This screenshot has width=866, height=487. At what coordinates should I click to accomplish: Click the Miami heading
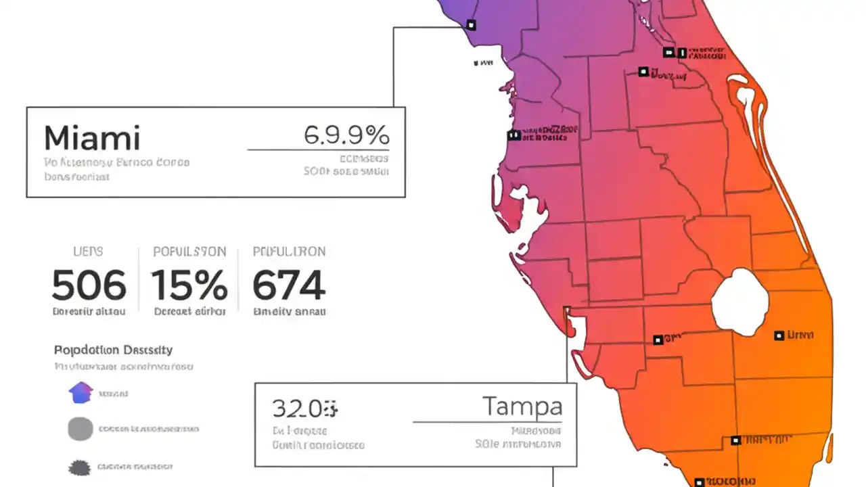pyautogui.click(x=92, y=138)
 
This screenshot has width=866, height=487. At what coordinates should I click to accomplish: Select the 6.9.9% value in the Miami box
pyautogui.click(x=346, y=135)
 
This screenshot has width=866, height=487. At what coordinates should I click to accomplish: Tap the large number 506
pyautogui.click(x=89, y=285)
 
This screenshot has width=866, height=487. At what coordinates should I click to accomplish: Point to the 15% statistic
pyautogui.click(x=189, y=285)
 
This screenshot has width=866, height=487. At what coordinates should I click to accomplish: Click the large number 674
pyautogui.click(x=289, y=285)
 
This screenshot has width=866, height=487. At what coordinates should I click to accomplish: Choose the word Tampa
pyautogui.click(x=522, y=407)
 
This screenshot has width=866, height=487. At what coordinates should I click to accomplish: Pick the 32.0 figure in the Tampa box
pyautogui.click(x=304, y=409)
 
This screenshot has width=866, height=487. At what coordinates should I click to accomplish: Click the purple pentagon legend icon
pyautogui.click(x=81, y=392)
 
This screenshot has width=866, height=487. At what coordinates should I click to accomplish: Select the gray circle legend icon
pyautogui.click(x=81, y=429)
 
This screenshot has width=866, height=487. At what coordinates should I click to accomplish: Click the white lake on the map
pyautogui.click(x=740, y=302)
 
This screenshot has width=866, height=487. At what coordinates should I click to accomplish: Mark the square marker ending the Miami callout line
pyautogui.click(x=471, y=25)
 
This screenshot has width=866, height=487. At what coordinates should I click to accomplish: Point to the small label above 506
pyautogui.click(x=88, y=252)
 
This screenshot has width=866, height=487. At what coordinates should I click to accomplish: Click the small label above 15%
pyautogui.click(x=189, y=252)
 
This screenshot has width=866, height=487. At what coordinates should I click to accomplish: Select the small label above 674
pyautogui.click(x=289, y=252)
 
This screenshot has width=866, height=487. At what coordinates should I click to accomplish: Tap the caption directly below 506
pyautogui.click(x=89, y=312)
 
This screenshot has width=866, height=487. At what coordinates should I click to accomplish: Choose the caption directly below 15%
pyautogui.click(x=189, y=312)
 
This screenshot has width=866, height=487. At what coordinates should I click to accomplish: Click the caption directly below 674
pyautogui.click(x=289, y=312)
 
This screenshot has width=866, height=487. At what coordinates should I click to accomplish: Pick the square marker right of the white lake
pyautogui.click(x=779, y=335)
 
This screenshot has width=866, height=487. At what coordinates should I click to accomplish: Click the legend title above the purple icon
pyautogui.click(x=113, y=350)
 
